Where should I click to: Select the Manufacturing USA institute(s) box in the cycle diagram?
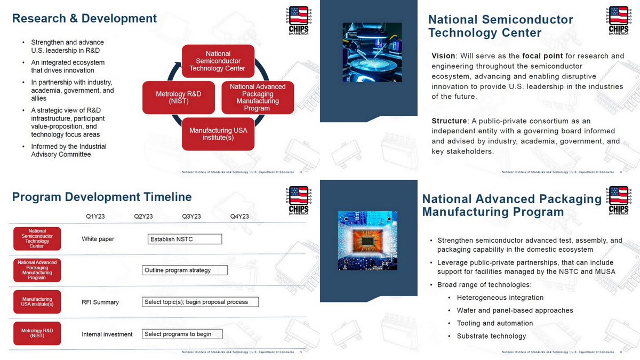coord(218,134)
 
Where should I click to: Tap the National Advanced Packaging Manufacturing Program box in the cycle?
coord(258,98)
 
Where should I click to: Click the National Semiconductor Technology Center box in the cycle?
coord(218,61)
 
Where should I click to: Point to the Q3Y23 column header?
coord(191,217)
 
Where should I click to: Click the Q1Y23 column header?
coord(95,217)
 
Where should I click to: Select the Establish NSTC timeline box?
coord(185,239)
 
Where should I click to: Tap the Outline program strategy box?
coord(185,270)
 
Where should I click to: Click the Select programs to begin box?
coord(182,334)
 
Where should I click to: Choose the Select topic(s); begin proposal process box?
coord(200,302)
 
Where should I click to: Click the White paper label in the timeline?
coord(98,239)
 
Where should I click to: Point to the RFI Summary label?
coord(100,302)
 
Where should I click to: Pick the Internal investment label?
coord(107,334)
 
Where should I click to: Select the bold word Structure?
coord(449,121)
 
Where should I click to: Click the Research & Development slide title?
coord(84,19)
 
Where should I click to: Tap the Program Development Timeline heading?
coord(102,197)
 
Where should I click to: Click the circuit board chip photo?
coord(368,241)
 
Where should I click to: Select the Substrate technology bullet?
coord(491,336)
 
